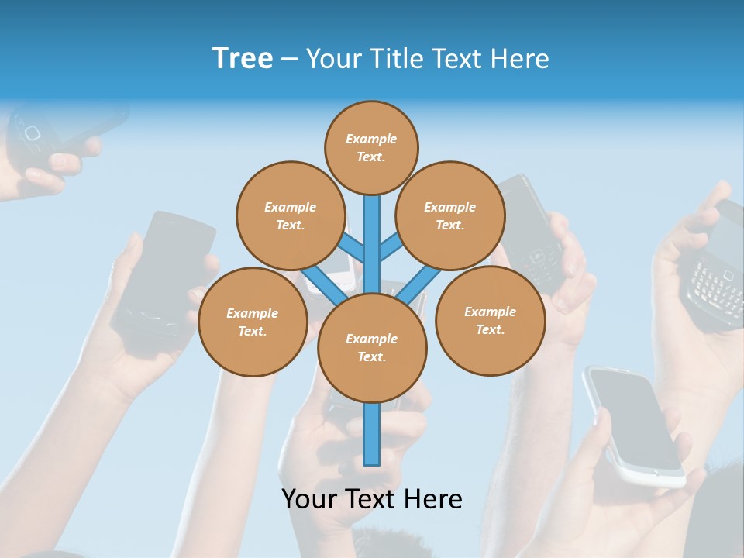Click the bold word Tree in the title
click(243, 58)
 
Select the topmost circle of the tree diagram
click(371, 147)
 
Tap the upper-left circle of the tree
click(290, 215)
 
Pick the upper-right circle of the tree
click(449, 215)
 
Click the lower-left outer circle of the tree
click(252, 322)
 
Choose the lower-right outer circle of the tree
click(490, 320)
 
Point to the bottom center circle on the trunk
click(372, 347)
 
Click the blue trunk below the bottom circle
click(372, 434)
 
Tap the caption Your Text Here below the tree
click(372, 498)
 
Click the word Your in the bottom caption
click(308, 498)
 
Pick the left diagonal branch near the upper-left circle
click(351, 247)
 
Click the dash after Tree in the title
click(289, 59)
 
